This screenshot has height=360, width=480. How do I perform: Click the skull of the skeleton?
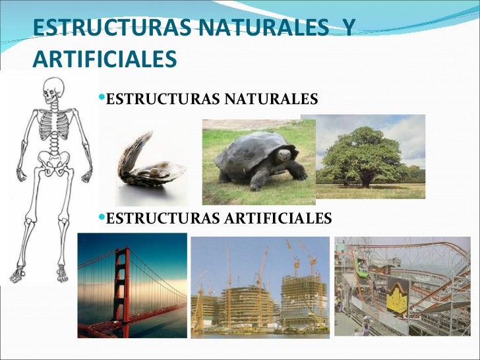(53, 88)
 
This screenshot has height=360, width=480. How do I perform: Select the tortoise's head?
(285, 156)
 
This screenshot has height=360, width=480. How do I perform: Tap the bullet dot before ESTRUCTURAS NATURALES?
(102, 99)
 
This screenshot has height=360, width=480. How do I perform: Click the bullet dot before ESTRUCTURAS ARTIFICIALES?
(102, 218)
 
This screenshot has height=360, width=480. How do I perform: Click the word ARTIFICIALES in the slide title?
(105, 59)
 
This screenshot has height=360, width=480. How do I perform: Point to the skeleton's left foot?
(63, 272)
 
